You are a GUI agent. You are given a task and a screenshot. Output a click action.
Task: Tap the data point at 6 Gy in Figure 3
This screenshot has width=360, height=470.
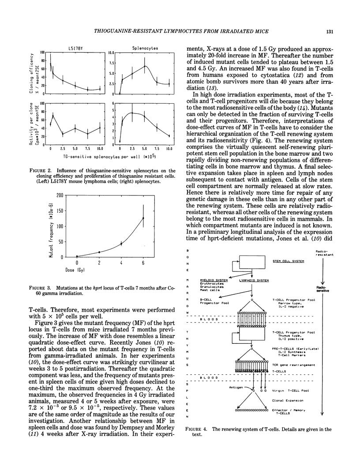tap(143, 218)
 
